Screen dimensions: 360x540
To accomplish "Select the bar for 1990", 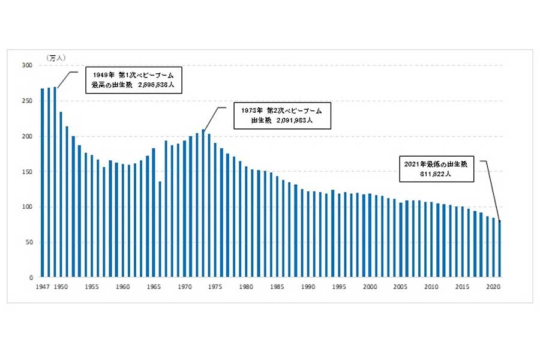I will (308, 235).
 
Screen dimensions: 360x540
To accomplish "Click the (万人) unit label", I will (56, 57).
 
